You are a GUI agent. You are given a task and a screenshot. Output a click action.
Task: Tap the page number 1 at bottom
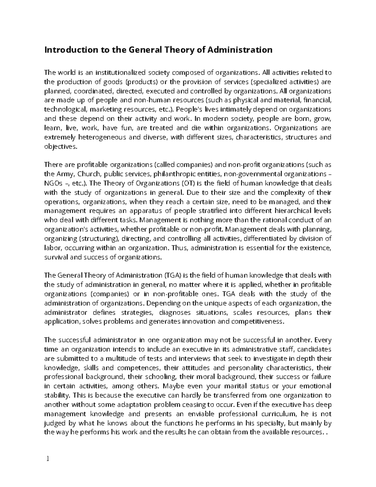[x=48, y=459]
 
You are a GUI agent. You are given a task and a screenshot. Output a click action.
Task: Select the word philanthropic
[x=182, y=174]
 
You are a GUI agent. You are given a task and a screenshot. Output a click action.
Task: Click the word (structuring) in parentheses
[x=99, y=239]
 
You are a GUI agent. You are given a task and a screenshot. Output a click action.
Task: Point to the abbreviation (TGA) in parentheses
[x=172, y=275]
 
